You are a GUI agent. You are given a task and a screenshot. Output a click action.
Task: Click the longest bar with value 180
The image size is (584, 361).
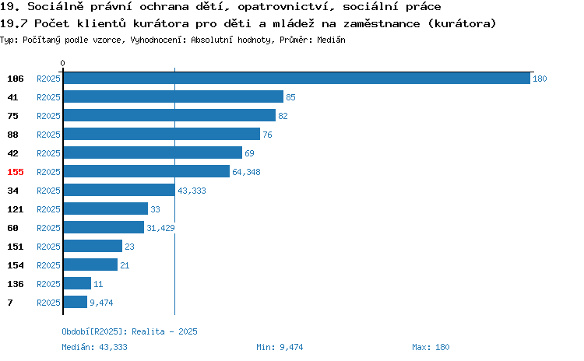pyautogui.click(x=297, y=79)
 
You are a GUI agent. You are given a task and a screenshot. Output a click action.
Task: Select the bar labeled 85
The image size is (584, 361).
pyautogui.click(x=174, y=96)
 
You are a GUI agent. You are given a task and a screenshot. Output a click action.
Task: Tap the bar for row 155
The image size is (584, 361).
pyautogui.click(x=146, y=172)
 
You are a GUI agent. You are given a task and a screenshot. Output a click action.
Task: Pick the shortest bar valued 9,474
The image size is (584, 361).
pyautogui.click(x=76, y=302)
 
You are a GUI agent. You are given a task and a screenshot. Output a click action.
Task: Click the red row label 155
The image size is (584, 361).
pyautogui.click(x=16, y=172)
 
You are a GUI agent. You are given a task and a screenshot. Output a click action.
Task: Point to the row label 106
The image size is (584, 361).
pyautogui.click(x=16, y=79)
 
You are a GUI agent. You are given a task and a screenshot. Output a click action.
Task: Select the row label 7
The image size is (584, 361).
pyautogui.click(x=10, y=303)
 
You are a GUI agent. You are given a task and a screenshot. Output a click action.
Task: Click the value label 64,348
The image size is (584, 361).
pyautogui.click(x=246, y=172)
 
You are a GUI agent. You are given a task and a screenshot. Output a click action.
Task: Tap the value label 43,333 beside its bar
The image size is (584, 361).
pyautogui.click(x=192, y=191)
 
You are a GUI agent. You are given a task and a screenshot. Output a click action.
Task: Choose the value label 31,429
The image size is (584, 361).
pyautogui.click(x=160, y=228)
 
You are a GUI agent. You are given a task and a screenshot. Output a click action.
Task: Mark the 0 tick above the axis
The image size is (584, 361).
pyautogui.click(x=62, y=63)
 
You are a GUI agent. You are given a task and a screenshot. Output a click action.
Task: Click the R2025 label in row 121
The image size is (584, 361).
pyautogui.click(x=48, y=209)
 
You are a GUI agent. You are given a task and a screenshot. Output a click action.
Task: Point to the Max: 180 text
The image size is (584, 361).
pyautogui.click(x=431, y=347)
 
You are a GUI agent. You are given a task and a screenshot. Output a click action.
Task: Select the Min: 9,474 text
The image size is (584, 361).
pyautogui.click(x=280, y=347)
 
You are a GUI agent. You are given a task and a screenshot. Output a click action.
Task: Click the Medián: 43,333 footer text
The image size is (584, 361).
pyautogui.click(x=94, y=347)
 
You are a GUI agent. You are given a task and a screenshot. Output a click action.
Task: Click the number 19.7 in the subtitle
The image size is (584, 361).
pyautogui.click(x=14, y=24)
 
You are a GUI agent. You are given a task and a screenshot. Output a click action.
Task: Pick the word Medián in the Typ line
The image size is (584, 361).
pyautogui.click(x=331, y=40)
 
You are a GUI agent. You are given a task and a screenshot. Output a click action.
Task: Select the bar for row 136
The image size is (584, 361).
pyautogui.click(x=77, y=284)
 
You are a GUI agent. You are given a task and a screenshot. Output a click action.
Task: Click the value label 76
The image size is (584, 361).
pyautogui.click(x=267, y=135)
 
